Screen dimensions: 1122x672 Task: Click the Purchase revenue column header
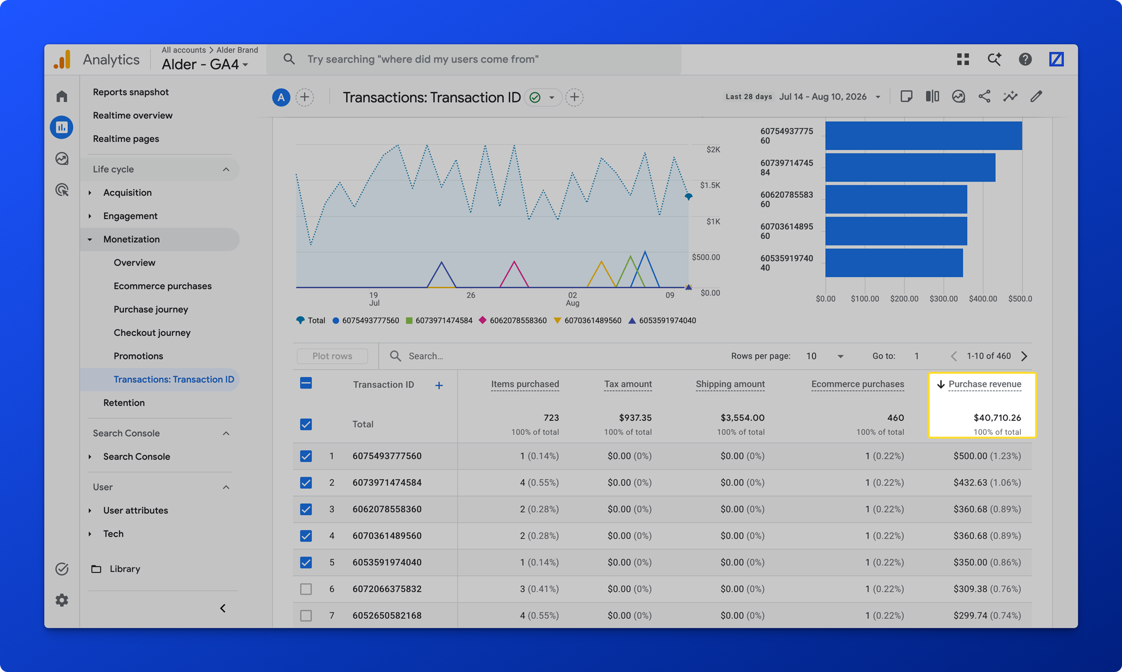tap(985, 384)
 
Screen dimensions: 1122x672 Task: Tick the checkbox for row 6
tap(306, 589)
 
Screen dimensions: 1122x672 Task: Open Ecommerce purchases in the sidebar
tap(163, 286)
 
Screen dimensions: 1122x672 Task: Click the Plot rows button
tap(332, 356)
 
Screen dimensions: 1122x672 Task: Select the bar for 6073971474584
tap(910, 168)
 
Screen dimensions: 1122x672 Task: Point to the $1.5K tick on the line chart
tap(710, 185)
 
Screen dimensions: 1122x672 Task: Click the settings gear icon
tap(62, 600)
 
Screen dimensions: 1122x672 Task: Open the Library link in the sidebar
tap(125, 569)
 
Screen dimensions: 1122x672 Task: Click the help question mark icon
tap(1025, 59)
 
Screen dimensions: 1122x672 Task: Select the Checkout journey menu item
tap(152, 333)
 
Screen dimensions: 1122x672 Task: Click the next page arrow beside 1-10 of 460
tap(1024, 356)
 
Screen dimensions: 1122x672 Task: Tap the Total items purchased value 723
tap(551, 418)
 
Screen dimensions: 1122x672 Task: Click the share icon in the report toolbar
tap(984, 96)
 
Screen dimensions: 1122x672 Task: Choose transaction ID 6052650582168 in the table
tap(387, 615)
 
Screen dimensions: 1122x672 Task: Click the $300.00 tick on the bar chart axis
tap(944, 299)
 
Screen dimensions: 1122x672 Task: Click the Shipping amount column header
tap(730, 384)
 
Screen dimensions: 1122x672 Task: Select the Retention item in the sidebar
tap(124, 403)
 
